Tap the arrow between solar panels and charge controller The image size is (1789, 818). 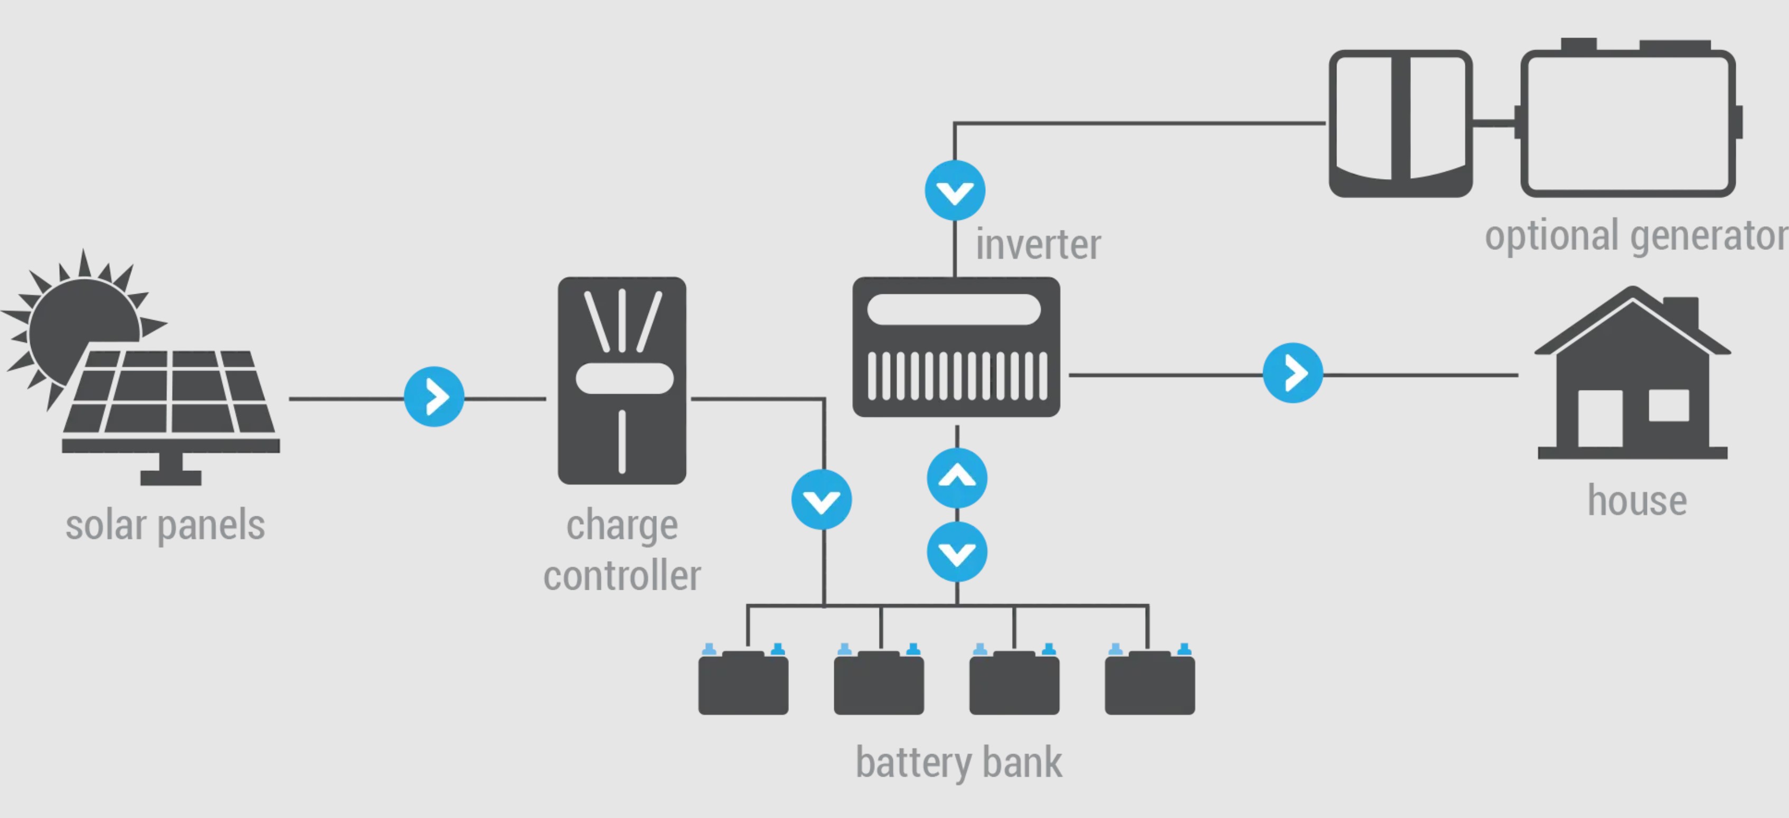pyautogui.click(x=434, y=397)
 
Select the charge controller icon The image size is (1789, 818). pyautogui.click(x=622, y=381)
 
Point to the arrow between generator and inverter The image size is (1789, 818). pyautogui.click(x=955, y=190)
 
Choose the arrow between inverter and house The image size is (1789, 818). pyautogui.click(x=1293, y=373)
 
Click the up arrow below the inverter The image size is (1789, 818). pyautogui.click(x=957, y=478)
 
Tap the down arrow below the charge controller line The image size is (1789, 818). pyautogui.click(x=822, y=500)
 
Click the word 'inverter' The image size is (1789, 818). pyautogui.click(x=1038, y=245)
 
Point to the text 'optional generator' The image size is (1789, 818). pyautogui.click(x=1635, y=236)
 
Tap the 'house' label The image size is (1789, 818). pyautogui.click(x=1637, y=500)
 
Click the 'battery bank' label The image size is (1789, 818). pyautogui.click(x=958, y=763)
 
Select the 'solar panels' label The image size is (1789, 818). pyautogui.click(x=165, y=525)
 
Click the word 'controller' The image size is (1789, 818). pyautogui.click(x=622, y=576)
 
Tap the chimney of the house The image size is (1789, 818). pyautogui.click(x=1681, y=312)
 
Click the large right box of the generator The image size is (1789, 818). pyautogui.click(x=1628, y=123)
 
